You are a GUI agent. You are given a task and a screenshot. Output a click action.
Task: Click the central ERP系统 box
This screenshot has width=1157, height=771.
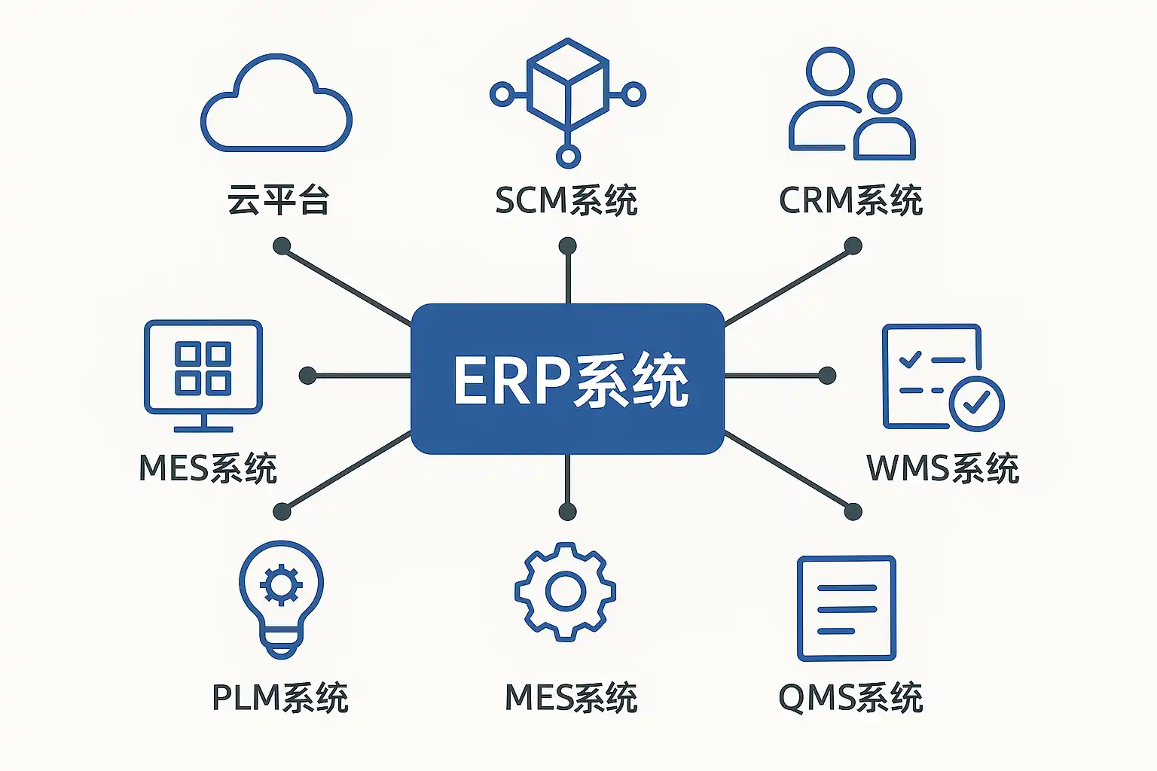(567, 379)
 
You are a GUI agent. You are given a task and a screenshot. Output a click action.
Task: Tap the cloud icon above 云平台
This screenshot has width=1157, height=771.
(276, 105)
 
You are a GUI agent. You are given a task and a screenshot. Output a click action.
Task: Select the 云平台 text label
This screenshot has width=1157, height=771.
(279, 200)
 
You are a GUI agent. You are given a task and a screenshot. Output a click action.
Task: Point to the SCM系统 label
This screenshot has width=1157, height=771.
(566, 200)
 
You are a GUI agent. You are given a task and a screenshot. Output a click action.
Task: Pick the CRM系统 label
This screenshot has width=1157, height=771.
(850, 200)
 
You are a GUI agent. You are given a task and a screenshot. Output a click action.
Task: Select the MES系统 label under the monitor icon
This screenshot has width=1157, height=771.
(208, 468)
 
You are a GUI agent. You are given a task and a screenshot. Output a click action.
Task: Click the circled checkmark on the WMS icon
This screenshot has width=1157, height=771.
(976, 404)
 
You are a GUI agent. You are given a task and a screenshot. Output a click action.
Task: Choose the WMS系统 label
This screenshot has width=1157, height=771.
(942, 468)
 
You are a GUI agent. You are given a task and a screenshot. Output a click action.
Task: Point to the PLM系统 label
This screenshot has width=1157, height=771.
(279, 698)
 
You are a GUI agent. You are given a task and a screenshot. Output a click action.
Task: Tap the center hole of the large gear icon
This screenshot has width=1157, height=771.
(566, 592)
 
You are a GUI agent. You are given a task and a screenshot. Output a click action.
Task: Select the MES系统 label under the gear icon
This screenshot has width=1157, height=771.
(571, 698)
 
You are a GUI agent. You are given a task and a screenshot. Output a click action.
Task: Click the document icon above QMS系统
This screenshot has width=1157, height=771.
(846, 608)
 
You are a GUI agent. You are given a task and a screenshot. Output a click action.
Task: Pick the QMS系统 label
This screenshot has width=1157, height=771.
(850, 698)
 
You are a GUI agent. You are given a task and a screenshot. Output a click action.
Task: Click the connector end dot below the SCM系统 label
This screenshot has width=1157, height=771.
(568, 246)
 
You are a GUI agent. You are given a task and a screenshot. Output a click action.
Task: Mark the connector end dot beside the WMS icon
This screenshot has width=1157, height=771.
(827, 376)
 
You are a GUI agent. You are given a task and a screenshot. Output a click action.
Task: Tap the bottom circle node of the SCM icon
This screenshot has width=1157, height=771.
(568, 157)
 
